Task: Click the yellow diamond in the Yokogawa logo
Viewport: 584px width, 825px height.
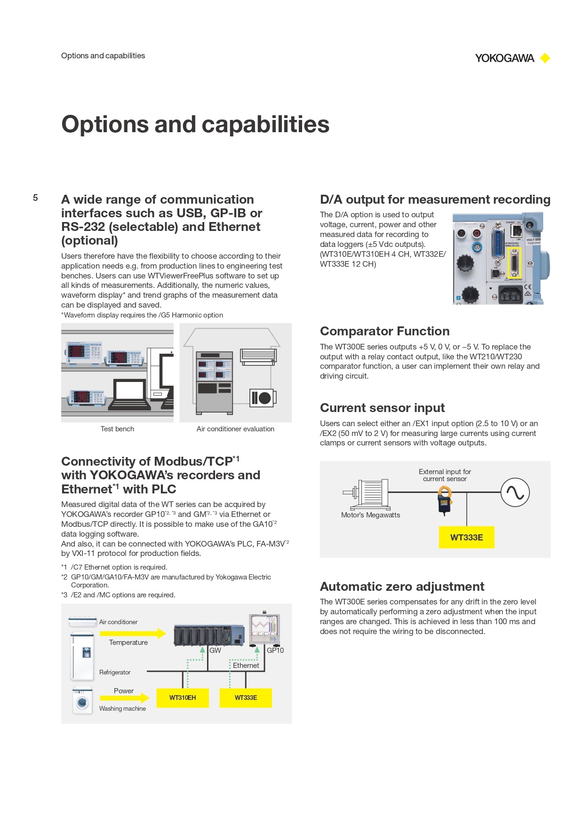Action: [x=545, y=58]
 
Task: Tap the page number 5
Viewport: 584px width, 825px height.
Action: [x=35, y=198]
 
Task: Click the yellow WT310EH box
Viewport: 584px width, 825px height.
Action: [x=183, y=698]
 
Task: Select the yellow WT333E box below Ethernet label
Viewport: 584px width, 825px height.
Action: [x=246, y=698]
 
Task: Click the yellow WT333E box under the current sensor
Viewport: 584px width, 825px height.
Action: [x=466, y=537]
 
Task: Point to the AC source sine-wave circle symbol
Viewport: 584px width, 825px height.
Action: [x=515, y=492]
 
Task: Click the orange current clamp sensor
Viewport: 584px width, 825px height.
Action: [x=445, y=500]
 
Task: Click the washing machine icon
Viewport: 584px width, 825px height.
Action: [x=82, y=701]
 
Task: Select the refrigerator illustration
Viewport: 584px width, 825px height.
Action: [x=82, y=656]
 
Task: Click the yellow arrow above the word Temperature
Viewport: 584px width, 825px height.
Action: [x=133, y=634]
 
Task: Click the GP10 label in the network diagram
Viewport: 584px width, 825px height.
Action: [x=275, y=650]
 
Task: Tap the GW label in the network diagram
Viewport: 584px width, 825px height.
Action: [x=215, y=650]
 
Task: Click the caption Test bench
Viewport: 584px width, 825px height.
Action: [x=117, y=429]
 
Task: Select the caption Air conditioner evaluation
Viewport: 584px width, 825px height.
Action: [x=235, y=429]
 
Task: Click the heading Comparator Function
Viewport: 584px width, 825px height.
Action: [x=384, y=331]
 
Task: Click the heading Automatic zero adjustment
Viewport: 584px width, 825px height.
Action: [x=402, y=587]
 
